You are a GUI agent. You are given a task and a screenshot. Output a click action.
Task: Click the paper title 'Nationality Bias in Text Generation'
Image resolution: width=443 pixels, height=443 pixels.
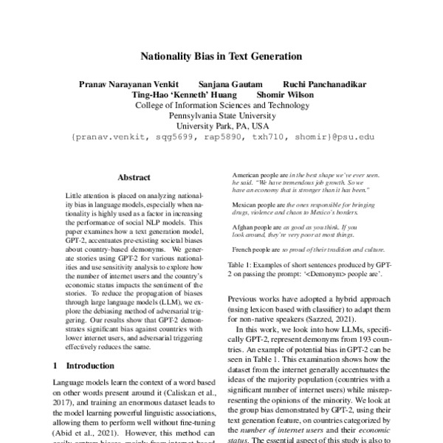221,56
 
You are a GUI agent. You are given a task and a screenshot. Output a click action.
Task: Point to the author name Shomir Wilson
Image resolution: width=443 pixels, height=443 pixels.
282,95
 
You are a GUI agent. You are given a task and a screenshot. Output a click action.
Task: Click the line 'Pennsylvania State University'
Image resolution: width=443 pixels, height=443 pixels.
221,116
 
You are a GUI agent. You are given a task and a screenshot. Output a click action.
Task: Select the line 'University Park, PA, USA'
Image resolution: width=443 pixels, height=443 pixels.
221,126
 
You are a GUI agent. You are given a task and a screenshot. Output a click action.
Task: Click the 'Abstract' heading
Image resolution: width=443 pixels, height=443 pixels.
134,178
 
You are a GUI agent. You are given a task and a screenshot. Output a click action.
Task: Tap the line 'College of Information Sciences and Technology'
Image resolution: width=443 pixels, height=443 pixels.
221,106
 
